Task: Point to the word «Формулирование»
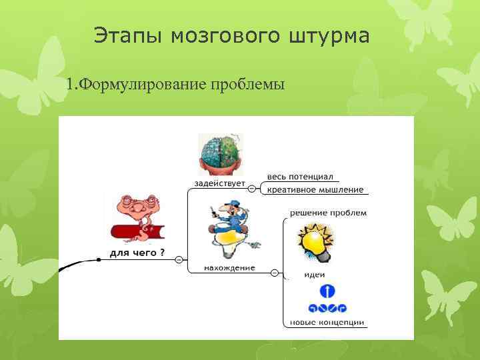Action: coord(143,85)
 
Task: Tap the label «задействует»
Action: coord(219,183)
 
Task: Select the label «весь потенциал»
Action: coord(299,176)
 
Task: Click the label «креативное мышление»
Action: coord(315,189)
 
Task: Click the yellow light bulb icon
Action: coord(315,241)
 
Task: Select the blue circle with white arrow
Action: coord(327,291)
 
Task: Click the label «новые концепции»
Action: coord(327,323)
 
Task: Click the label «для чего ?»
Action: coord(137,253)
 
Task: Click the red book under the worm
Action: coord(137,233)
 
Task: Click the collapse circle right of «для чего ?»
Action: coord(179,259)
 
